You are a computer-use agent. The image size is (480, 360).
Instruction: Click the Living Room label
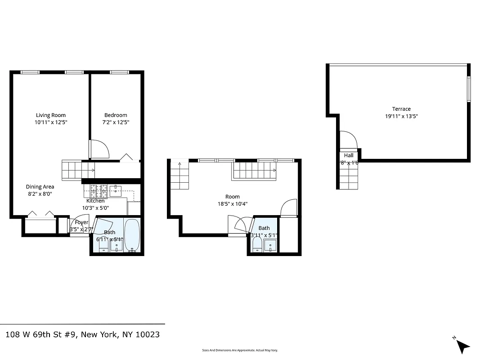pyautogui.click(x=51, y=115)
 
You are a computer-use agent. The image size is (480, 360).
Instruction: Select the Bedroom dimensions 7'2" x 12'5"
pyautogui.click(x=116, y=122)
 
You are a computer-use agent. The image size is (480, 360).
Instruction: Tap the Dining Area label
pyautogui.click(x=40, y=187)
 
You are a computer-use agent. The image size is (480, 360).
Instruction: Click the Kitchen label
pyautogui.click(x=95, y=201)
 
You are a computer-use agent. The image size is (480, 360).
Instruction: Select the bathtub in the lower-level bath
pyautogui.click(x=132, y=235)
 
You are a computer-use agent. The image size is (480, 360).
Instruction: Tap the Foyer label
pyautogui.click(x=81, y=222)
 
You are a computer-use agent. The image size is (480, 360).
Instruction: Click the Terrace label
pyautogui.click(x=401, y=109)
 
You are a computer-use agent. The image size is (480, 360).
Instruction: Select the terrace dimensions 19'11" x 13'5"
pyautogui.click(x=401, y=116)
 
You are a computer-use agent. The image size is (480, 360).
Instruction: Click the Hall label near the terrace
pyautogui.click(x=349, y=155)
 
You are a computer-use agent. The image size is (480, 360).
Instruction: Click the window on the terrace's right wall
pyautogui.click(x=468, y=89)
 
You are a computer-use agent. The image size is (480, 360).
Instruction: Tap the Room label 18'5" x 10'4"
pyautogui.click(x=233, y=197)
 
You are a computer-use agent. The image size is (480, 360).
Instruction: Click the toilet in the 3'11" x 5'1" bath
pyautogui.click(x=258, y=246)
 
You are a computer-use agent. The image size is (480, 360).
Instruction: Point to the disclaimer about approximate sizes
pyautogui.click(x=240, y=350)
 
